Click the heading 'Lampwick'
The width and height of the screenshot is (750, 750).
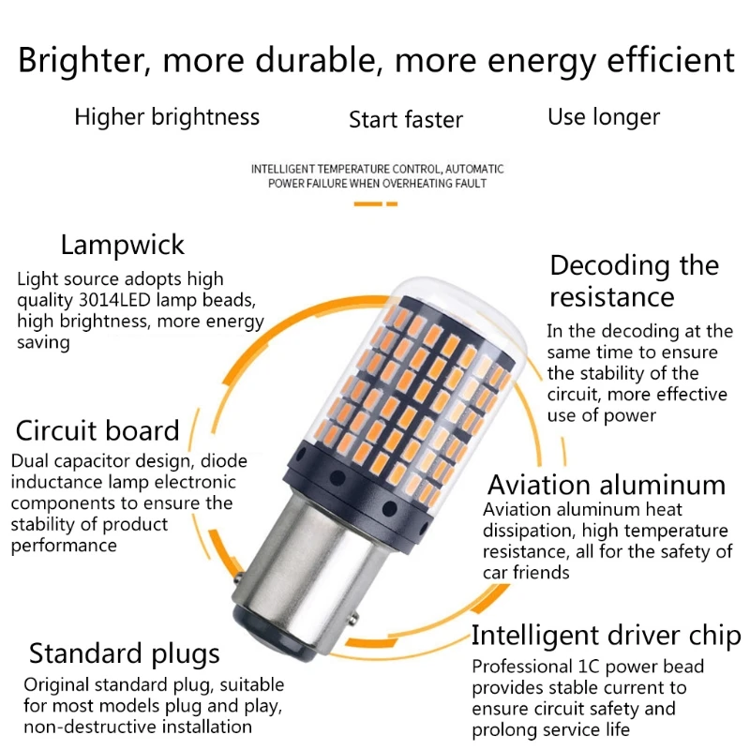tap(123, 246)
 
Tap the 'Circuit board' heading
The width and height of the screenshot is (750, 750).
tap(97, 431)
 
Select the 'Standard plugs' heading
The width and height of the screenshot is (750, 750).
tap(124, 652)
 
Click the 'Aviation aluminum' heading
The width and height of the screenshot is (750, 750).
tap(606, 485)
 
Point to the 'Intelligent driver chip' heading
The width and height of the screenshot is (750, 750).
tap(606, 636)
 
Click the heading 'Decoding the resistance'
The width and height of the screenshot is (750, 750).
tap(634, 280)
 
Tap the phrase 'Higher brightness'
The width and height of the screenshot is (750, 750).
tap(167, 117)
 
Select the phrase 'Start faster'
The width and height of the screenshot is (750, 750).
tap(406, 120)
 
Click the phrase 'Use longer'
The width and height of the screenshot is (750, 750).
tap(604, 117)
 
